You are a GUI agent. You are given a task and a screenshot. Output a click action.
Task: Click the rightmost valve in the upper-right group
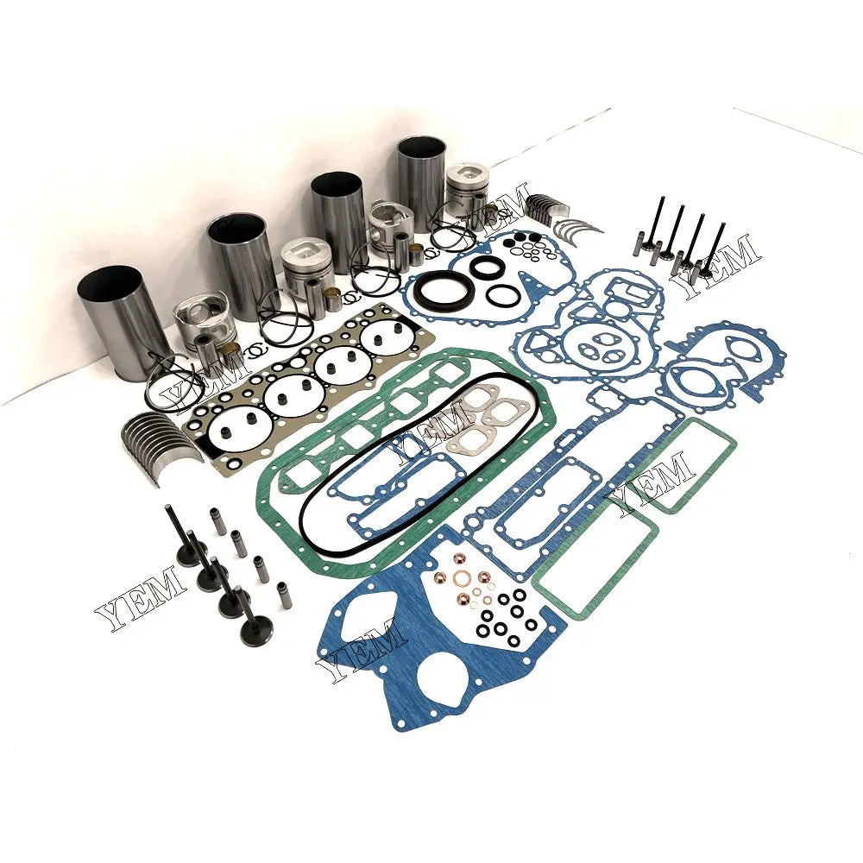[x=712, y=250]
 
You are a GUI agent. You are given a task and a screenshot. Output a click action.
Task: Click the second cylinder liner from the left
[x=242, y=263]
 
